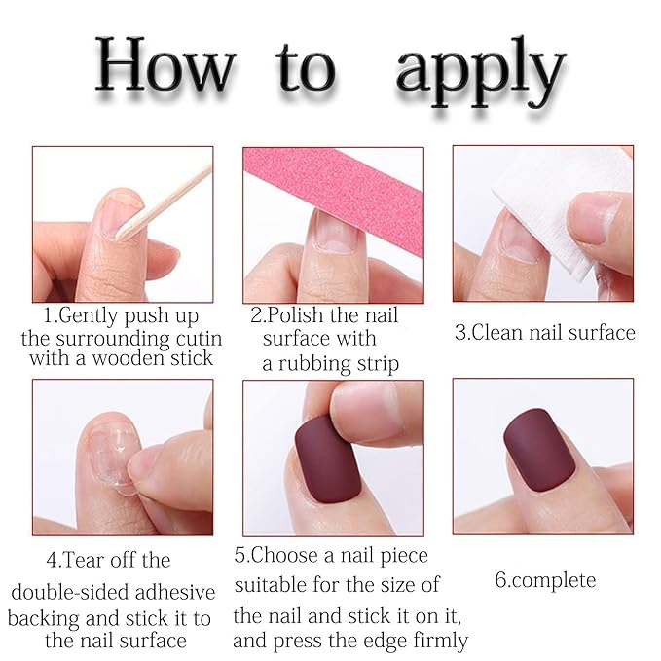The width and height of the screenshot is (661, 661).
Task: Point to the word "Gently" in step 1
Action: pyautogui.click(x=85, y=316)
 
